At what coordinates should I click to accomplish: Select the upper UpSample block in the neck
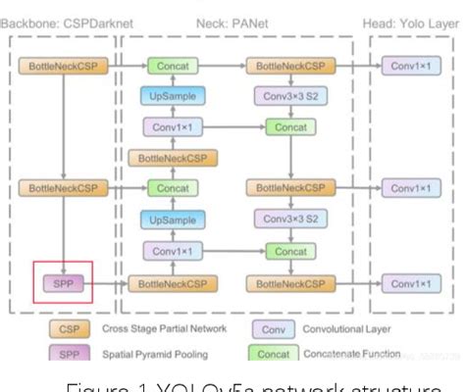coord(172,96)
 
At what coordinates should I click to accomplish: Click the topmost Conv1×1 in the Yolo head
coord(412,66)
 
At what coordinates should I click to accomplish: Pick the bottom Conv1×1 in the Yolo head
coord(412,284)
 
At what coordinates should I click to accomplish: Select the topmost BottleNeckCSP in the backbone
coord(63,66)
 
